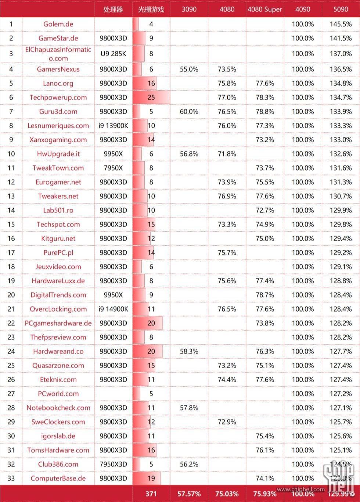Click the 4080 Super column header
264,9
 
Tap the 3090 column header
189,9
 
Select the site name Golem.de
58,24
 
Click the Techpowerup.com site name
58,97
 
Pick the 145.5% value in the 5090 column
341,24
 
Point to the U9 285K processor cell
113,54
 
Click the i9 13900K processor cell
113,126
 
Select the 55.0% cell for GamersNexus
189,69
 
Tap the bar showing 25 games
151,97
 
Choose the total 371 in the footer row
151,494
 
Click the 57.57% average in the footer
189,494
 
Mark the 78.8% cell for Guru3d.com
264,111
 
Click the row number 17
11,252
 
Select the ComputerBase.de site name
58,478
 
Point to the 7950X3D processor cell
113,464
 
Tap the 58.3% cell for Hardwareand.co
189,351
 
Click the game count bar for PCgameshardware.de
148,323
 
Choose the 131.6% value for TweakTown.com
341,168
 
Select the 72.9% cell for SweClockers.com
227,422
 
